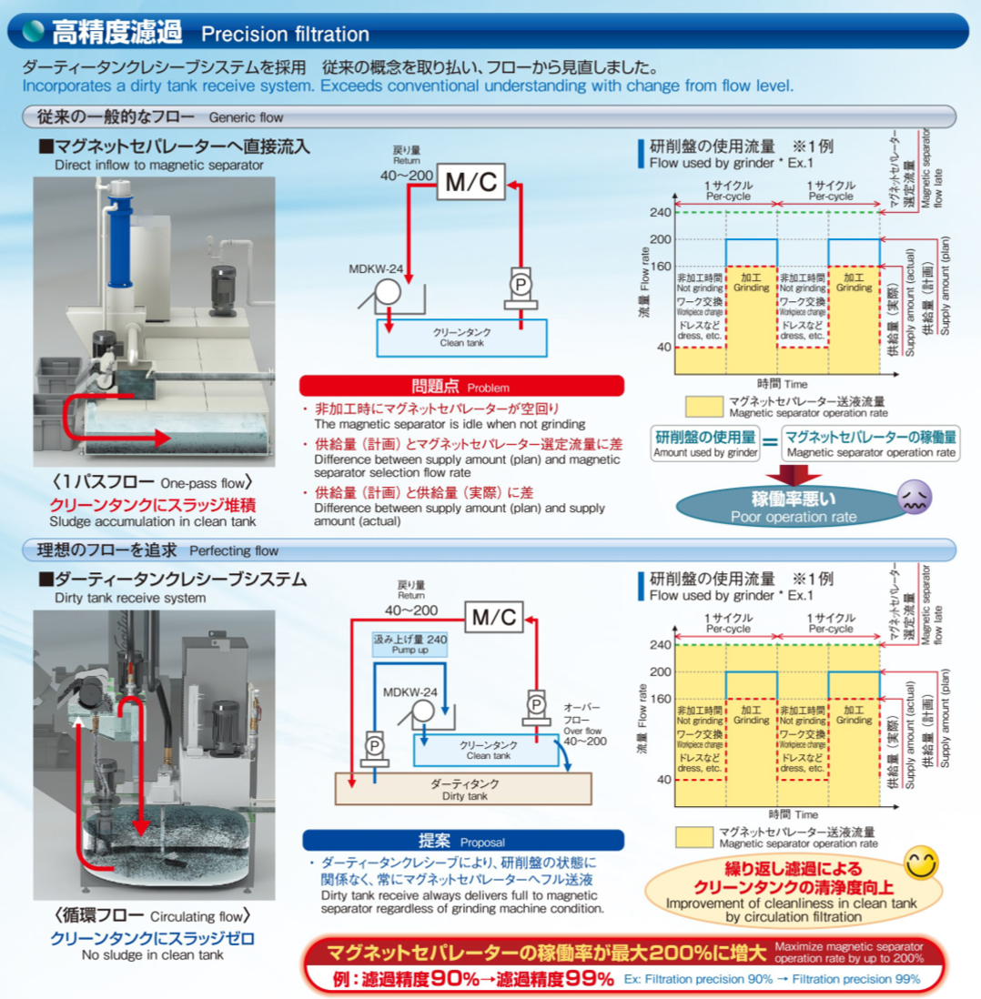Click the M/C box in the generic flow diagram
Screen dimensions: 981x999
tap(470, 182)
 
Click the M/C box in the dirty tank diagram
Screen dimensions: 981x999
tap(494, 617)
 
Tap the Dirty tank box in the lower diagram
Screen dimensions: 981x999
tap(463, 789)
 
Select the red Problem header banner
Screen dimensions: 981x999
tap(461, 386)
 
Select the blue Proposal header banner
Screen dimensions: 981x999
tap(463, 841)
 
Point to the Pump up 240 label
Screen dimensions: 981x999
tap(410, 643)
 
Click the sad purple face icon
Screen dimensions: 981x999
tap(915, 498)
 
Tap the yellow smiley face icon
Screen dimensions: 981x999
tap(921, 863)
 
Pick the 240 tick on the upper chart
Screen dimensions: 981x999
tap(661, 212)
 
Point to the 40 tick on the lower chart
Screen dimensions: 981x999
tap(663, 779)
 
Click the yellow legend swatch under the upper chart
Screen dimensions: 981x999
tap(703, 407)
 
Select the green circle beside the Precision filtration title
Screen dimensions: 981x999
tap(33, 31)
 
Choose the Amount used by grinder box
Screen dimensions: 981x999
tap(705, 443)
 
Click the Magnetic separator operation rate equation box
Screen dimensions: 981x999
tap(870, 443)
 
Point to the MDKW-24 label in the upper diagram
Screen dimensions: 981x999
tap(376, 269)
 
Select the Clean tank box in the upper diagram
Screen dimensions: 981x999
tap(461, 338)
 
